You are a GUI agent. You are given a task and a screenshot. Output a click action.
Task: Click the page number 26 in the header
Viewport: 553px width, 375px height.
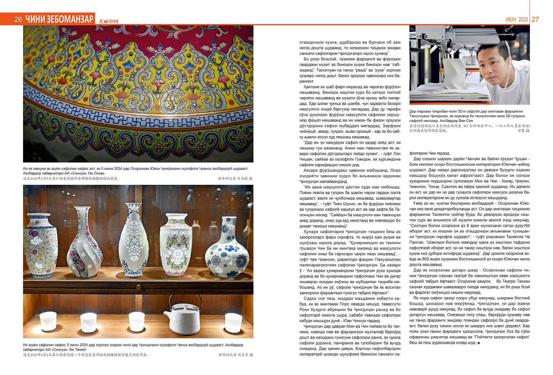click(x=18, y=19)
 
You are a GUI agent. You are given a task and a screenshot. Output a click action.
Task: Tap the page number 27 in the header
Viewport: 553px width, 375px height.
click(x=535, y=19)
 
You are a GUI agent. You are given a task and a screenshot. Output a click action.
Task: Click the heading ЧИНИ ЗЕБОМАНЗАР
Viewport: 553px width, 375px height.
click(x=60, y=19)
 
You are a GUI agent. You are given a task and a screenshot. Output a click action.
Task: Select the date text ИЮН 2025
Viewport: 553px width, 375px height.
click(x=517, y=20)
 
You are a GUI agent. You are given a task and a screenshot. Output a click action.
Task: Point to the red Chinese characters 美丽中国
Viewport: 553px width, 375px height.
click(x=109, y=21)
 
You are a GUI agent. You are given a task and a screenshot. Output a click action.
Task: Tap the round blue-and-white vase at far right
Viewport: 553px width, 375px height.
click(x=227, y=250)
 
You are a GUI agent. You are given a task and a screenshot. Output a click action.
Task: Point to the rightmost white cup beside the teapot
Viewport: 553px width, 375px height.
click(x=233, y=322)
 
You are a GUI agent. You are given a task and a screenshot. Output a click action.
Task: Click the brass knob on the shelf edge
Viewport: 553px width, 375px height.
click(x=139, y=287)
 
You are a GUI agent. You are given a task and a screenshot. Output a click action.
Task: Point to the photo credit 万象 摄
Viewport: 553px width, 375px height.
click(x=523, y=131)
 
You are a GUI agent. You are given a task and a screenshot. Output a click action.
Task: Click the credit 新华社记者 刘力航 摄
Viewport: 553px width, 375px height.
click(x=235, y=178)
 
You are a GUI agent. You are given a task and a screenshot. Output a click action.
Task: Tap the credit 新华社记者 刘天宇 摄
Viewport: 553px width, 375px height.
click(x=236, y=355)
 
